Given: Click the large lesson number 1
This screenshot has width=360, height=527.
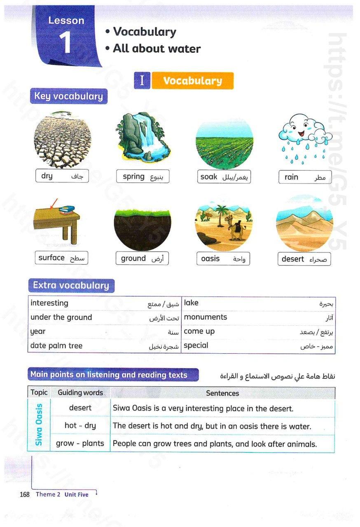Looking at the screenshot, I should click(x=65, y=42).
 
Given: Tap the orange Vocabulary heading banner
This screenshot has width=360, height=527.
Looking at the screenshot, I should click(x=192, y=81).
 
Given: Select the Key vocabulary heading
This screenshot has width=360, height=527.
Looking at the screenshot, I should click(x=68, y=96).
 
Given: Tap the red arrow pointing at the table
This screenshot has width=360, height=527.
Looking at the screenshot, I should click(x=53, y=203).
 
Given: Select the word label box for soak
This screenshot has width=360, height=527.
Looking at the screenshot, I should click(x=224, y=177).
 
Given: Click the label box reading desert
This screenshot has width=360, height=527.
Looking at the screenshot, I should click(x=304, y=259).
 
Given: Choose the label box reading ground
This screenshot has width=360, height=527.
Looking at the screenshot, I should click(x=142, y=259).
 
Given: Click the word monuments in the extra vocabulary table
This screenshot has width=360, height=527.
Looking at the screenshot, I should click(x=206, y=317).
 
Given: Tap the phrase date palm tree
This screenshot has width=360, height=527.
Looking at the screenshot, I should click(x=56, y=346).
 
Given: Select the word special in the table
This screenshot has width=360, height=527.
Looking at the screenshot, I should click(x=196, y=345).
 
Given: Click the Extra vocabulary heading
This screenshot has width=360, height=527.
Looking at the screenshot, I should click(x=71, y=285).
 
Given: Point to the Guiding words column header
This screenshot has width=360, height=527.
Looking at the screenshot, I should click(x=80, y=393).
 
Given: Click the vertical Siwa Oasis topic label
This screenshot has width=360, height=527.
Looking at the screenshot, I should click(x=39, y=425).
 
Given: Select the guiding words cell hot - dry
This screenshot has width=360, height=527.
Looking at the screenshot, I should click(x=80, y=426).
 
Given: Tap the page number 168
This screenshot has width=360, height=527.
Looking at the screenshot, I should click(x=25, y=494).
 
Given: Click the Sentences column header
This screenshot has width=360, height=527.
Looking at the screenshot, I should click(x=222, y=393).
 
